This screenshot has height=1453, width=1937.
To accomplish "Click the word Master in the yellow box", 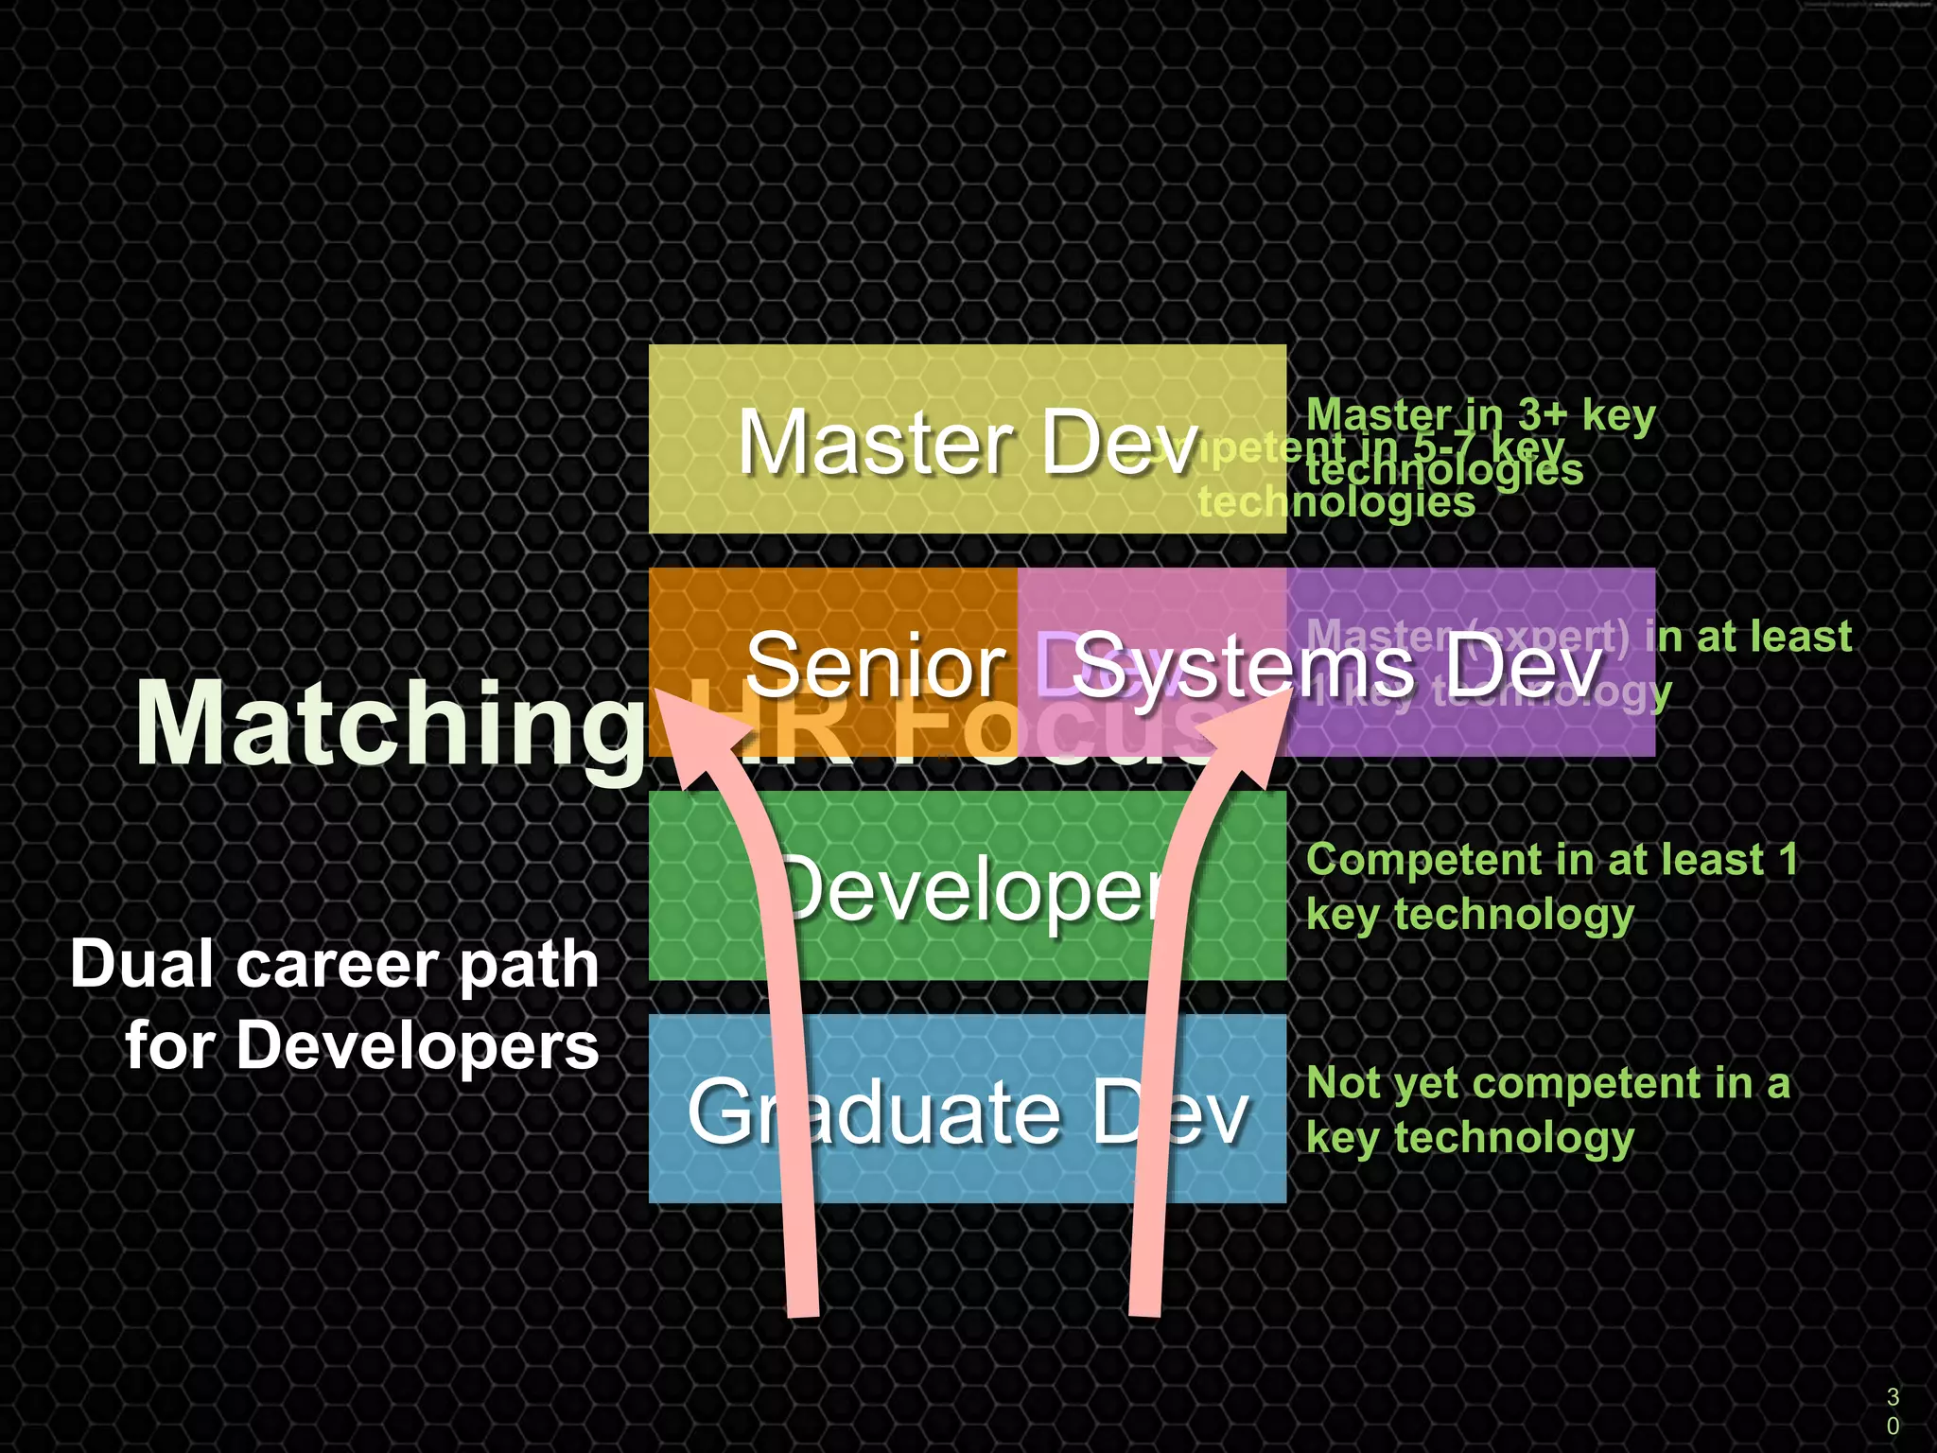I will coord(875,443).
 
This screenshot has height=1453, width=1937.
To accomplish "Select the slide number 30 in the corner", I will coord(1893,1410).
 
